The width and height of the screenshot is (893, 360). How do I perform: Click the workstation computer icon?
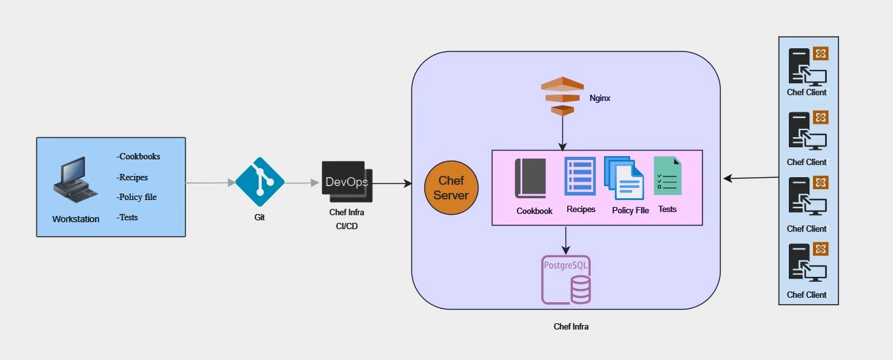coord(74,180)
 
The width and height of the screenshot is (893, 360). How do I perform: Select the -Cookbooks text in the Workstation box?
coord(138,156)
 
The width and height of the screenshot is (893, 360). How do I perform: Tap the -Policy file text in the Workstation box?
coord(137,197)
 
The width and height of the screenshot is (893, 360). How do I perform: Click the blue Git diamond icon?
coord(260,182)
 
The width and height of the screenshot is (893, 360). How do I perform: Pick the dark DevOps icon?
coord(346,182)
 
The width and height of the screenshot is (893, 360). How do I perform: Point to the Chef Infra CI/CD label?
coord(347,220)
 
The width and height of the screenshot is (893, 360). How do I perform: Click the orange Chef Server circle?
coord(451,189)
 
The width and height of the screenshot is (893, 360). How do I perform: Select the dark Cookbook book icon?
coord(531,178)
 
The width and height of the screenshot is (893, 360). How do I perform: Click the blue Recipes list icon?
coord(580,177)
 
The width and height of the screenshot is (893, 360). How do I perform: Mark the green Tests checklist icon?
coord(668,176)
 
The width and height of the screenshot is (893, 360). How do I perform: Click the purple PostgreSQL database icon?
coord(566,279)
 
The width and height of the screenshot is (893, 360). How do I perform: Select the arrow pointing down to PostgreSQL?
coord(566,239)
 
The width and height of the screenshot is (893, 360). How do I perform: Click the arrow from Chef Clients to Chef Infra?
coord(751,178)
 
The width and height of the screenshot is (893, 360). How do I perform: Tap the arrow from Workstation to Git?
coord(210,183)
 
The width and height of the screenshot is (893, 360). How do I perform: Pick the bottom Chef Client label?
coord(807,295)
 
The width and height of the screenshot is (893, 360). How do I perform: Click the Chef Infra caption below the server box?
coord(571,327)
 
